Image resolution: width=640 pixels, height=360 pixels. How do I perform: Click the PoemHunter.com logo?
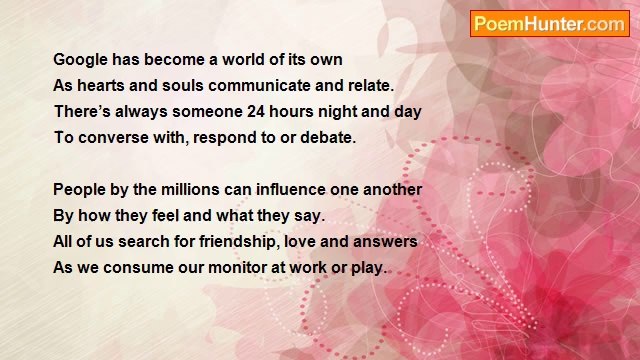(550, 24)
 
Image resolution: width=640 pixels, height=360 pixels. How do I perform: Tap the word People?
(80, 190)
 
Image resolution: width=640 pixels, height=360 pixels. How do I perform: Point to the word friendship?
(233, 242)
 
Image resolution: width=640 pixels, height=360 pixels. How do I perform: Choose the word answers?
(386, 242)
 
